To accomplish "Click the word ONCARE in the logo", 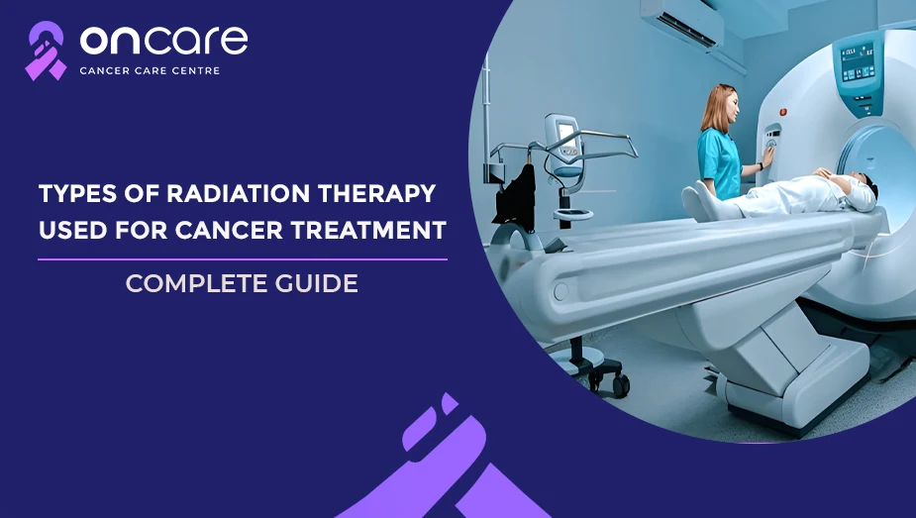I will coord(164,42).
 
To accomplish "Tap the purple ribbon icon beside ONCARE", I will coord(45,51).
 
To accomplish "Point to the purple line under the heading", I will coord(243,259).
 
